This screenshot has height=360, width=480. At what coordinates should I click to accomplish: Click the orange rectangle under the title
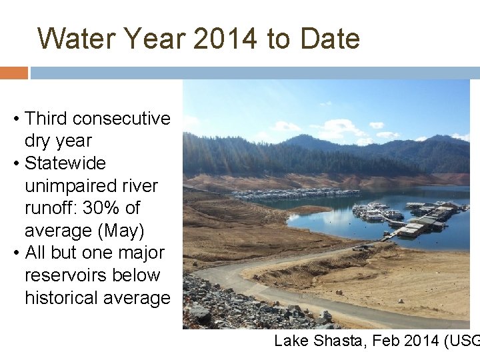pos(13,73)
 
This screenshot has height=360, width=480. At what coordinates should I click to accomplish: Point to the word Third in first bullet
pos(46,119)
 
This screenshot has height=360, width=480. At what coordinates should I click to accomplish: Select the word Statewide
pos(65,163)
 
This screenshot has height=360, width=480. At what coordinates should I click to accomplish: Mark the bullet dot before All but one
pos(15,253)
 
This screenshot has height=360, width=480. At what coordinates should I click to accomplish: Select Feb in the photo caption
pos(387,341)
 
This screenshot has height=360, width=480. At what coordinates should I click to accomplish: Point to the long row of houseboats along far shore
pos(287,194)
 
